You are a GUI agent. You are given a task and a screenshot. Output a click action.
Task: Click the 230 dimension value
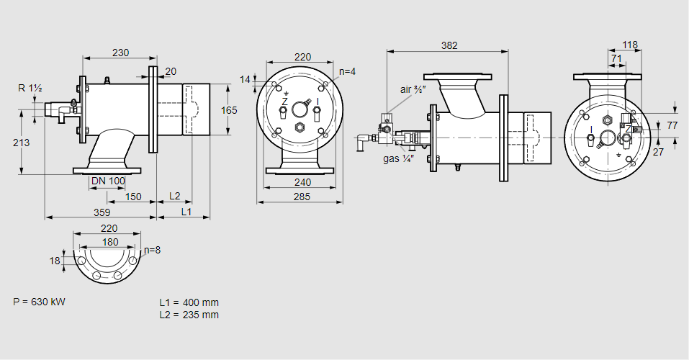pos(121,52)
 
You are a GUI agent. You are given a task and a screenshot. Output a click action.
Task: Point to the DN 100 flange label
pos(109,180)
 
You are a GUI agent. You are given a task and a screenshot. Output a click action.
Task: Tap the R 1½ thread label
pos(30,88)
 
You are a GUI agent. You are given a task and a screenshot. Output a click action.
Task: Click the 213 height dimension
pos(22,143)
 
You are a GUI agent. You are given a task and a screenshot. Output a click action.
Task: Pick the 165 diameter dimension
pos(229,110)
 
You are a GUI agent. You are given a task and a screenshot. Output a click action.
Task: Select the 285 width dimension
pos(302,196)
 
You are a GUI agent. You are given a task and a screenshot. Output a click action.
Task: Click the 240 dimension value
pos(302,183)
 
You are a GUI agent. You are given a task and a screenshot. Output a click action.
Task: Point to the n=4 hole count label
pos(348,71)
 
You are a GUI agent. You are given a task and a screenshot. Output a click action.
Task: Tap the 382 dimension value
pos(449,45)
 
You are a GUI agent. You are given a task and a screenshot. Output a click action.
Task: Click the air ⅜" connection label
pos(415,90)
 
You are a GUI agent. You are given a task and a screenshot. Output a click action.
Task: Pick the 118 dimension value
pos(630,45)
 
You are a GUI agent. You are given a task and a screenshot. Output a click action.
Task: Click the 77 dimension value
pos(672,125)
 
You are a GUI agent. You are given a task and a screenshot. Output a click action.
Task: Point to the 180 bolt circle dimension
pos(110,242)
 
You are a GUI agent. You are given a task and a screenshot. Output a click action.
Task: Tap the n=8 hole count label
pos(152,251)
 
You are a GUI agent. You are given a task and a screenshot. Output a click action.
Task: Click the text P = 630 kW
pos(39,302)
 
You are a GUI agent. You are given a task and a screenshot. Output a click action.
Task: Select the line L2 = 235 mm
pos(189,315)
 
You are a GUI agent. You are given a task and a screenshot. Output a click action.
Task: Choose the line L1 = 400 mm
pos(189,302)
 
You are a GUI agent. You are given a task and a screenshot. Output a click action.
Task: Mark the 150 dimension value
pos(132,196)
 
